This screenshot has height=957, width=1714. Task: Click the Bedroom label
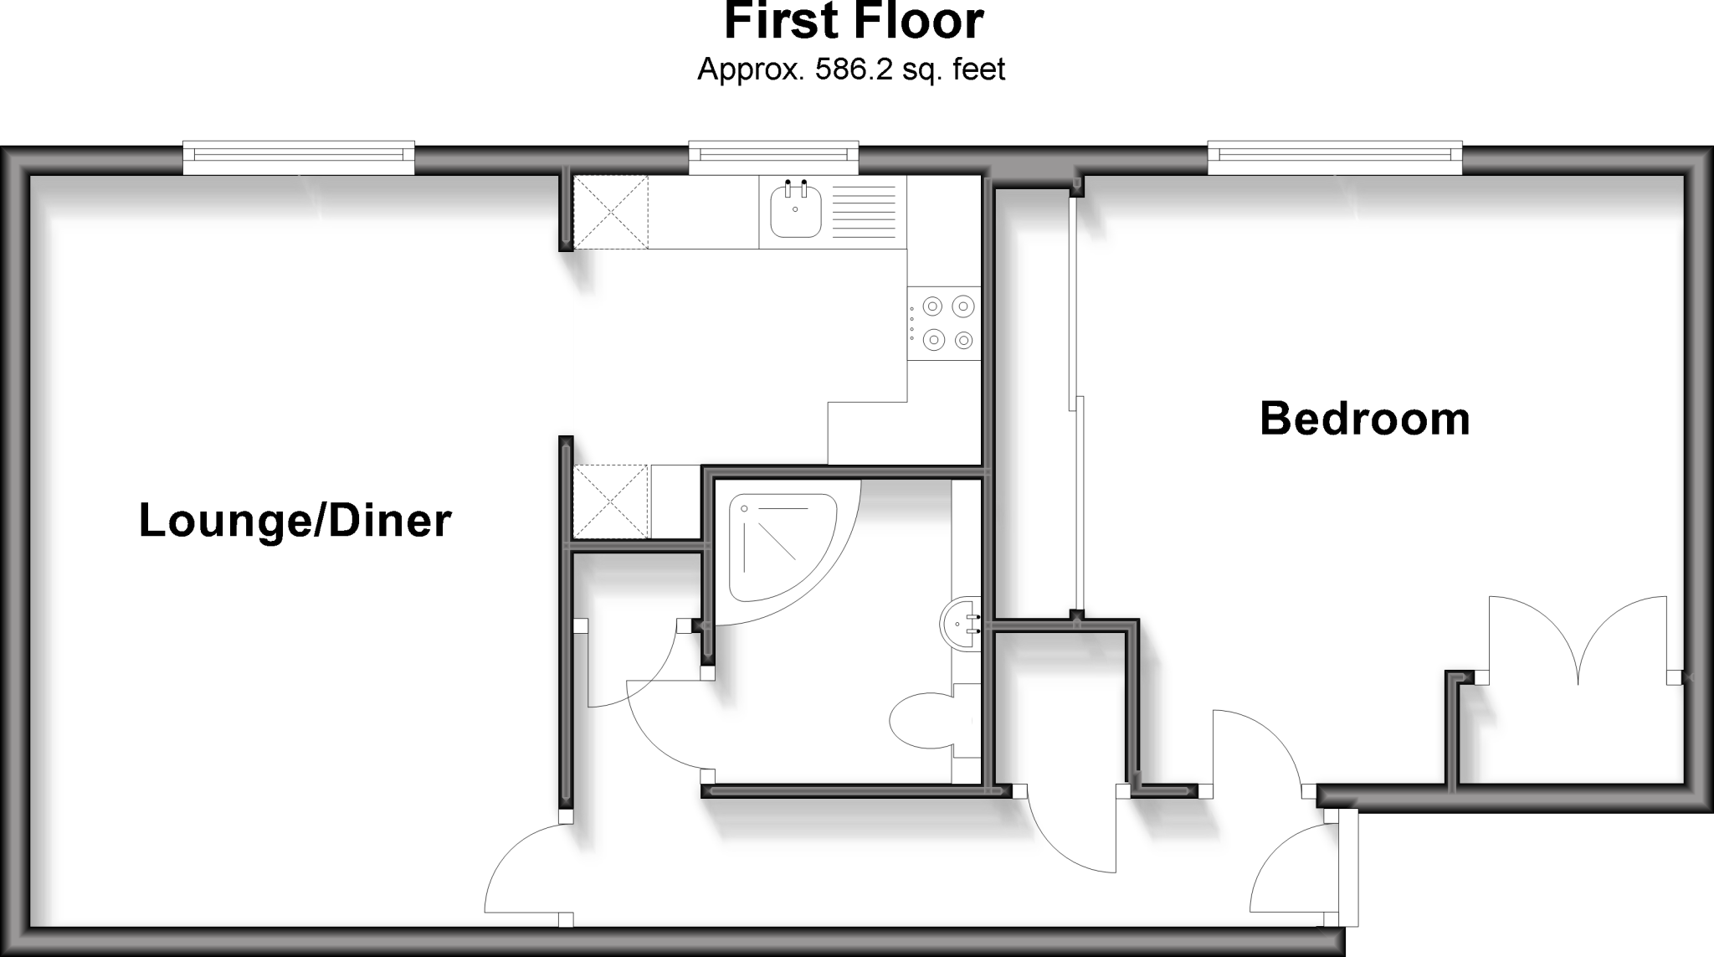pos(1364,419)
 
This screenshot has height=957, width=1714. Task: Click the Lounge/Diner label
pos(295,521)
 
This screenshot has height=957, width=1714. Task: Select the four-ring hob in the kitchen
pos(943,323)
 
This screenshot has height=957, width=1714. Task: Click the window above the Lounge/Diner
pos(299,157)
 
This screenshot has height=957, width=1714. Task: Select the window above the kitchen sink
pos(774,157)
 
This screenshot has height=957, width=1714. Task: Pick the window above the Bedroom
pos(1335,157)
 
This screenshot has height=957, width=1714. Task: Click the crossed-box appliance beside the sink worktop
pos(611,212)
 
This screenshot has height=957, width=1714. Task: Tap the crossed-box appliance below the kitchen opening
pos(611,502)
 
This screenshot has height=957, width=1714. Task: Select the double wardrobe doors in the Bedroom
pos(1578,641)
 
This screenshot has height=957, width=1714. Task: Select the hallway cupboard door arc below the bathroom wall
pos(1071,846)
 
